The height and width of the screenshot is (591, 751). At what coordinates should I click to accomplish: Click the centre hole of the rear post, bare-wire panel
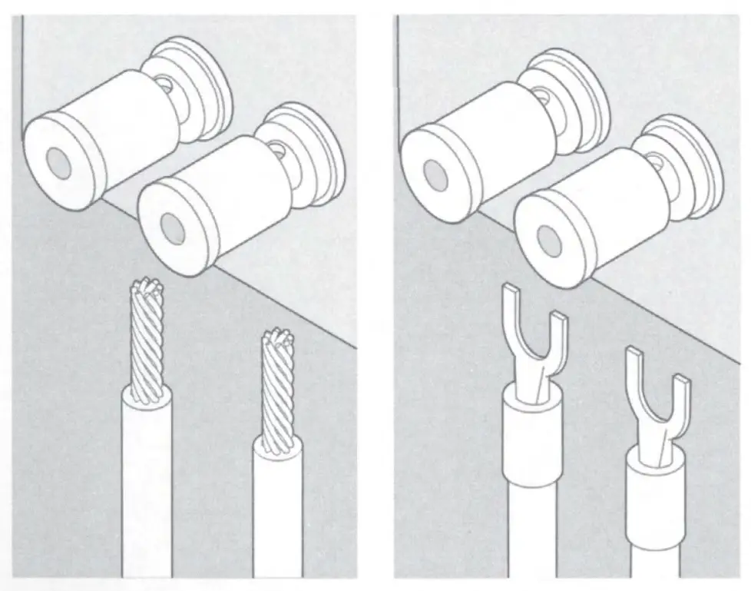click(56, 159)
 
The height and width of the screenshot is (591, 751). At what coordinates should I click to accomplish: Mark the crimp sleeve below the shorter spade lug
click(654, 500)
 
